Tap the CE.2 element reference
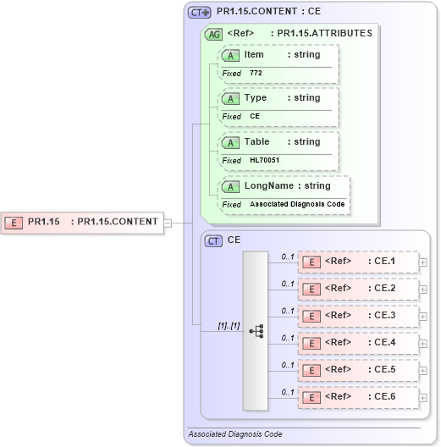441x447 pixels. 359,289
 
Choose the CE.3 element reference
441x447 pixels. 359,315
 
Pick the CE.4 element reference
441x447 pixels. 359,343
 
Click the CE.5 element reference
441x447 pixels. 359,369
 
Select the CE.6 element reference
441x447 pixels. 359,396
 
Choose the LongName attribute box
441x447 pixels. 283,186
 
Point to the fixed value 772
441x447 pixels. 256,74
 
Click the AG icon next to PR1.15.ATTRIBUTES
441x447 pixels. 214,34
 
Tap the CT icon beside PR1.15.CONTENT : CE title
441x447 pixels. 199,12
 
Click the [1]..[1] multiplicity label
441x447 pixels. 206,324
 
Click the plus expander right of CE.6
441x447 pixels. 423,396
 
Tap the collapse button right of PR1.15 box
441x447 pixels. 168,223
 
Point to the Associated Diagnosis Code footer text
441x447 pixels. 235,434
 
